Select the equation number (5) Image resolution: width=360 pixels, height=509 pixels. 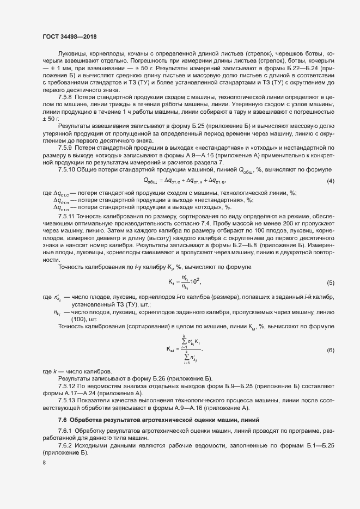tap(330, 283)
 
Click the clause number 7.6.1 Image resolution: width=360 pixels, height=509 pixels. tap(65, 431)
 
